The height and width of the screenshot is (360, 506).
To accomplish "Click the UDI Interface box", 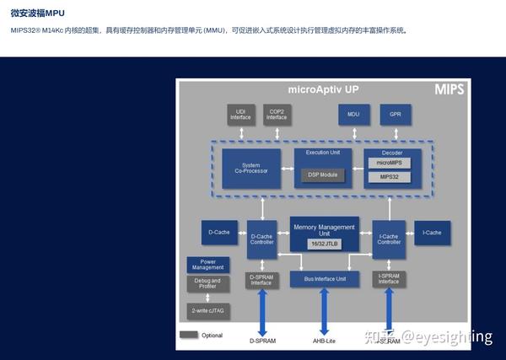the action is coord(240,115).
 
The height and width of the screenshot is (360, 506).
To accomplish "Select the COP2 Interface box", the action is coord(277,115).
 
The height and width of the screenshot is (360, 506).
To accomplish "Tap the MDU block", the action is coord(353,114).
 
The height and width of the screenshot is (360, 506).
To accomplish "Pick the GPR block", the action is coord(395,114).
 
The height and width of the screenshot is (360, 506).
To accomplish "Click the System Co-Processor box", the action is coord(251,168).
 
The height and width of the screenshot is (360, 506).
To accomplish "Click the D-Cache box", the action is coord(219,232).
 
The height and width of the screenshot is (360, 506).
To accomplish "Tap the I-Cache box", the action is coord(432,232).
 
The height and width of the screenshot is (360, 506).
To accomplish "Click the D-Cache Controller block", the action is coord(261,239).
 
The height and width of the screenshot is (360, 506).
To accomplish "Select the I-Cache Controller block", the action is coord(389,239).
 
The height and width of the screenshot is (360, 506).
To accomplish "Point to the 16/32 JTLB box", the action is coord(324,244).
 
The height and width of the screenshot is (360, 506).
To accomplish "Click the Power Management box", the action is coord(207,265).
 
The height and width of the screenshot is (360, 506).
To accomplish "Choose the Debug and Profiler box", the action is coord(207,283).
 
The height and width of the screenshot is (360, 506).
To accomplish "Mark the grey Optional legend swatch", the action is coord(189,335).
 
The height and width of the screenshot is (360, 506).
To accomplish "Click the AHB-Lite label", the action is coord(325,341).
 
